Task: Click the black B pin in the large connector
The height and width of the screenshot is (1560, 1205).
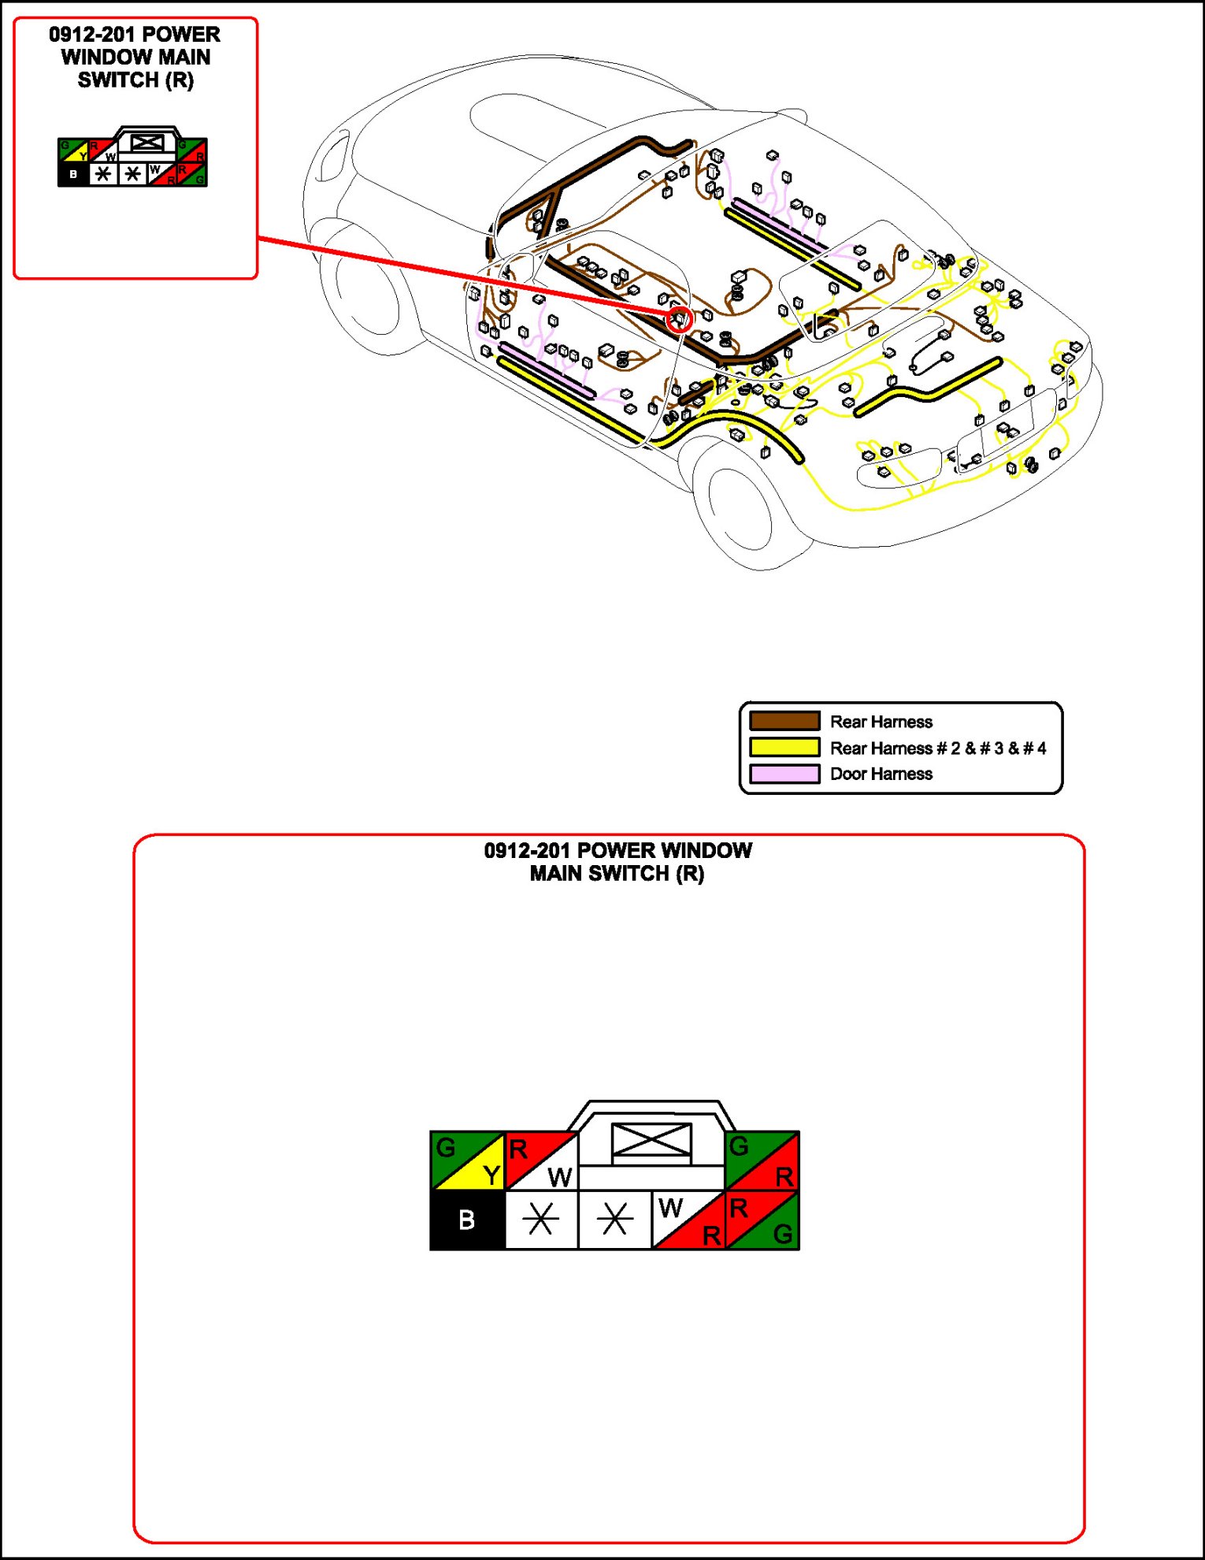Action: click(x=466, y=1220)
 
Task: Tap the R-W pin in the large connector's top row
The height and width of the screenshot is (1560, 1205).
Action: click(x=541, y=1161)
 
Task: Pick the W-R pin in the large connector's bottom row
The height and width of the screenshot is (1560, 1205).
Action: click(x=688, y=1220)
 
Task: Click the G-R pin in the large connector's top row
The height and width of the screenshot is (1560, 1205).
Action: click(x=762, y=1161)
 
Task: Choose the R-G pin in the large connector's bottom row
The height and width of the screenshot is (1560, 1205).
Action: click(x=762, y=1220)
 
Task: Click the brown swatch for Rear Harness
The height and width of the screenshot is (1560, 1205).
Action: click(x=784, y=721)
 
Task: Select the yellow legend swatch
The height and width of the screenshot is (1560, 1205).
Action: click(x=784, y=747)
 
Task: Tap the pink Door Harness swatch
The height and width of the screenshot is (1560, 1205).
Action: click(x=784, y=774)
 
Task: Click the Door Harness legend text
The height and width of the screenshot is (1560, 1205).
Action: click(x=881, y=774)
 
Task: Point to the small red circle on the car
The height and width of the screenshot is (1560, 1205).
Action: click(x=679, y=319)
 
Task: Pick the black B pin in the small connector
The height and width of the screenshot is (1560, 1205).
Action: click(x=73, y=174)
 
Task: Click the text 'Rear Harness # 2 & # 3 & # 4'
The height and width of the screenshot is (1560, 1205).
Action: click(x=938, y=748)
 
